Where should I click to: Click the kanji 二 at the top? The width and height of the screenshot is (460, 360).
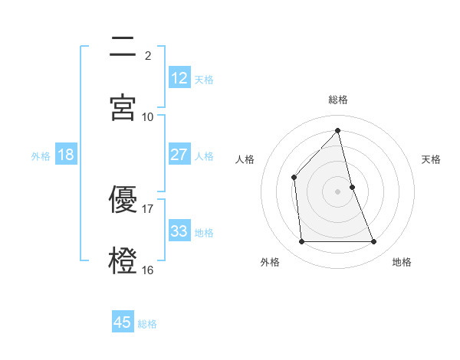123,47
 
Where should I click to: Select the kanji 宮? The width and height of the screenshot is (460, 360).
123,107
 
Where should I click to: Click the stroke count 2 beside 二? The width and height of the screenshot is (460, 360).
148,55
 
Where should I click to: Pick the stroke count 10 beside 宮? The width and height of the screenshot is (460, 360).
148,116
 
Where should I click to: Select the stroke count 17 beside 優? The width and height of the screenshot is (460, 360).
148,208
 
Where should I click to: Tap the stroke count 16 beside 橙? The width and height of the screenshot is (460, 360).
148,270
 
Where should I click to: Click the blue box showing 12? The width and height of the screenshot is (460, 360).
179,78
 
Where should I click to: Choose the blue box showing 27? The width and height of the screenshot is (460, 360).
179,155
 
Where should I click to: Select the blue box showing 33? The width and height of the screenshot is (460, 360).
179,231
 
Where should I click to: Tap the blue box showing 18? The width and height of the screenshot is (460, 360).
66,155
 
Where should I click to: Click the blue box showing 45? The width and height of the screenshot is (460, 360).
123,322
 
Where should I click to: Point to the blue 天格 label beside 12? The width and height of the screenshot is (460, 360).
204,79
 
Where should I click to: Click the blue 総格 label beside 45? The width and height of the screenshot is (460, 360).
147,323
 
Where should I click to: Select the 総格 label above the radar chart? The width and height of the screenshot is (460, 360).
338,100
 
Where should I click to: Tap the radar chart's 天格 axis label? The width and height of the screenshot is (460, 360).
432,159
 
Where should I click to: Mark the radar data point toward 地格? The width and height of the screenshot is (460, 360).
374,242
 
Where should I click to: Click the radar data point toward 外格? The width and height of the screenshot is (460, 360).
301,242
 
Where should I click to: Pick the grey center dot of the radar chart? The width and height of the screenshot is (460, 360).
338,191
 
